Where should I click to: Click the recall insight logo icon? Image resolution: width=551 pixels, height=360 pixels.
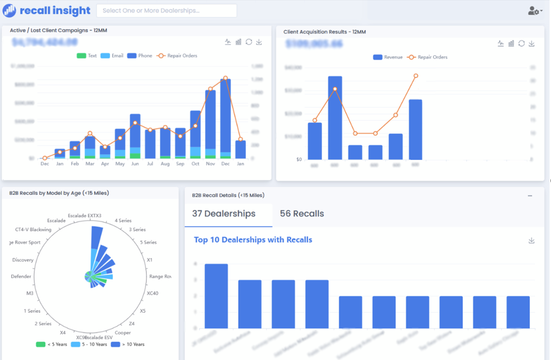click(x=9, y=10)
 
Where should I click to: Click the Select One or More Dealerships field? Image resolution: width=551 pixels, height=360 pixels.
click(x=166, y=10)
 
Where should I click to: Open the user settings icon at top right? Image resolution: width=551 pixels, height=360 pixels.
click(x=534, y=10)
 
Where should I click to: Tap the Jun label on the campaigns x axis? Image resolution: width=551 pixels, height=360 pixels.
click(x=135, y=164)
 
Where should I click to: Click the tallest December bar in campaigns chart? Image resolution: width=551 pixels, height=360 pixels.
click(x=225, y=117)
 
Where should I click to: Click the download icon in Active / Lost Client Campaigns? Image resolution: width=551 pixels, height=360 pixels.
click(x=259, y=42)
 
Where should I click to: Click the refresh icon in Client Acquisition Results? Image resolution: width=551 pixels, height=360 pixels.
click(x=521, y=43)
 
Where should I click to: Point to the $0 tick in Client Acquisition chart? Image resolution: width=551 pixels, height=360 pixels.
click(x=299, y=159)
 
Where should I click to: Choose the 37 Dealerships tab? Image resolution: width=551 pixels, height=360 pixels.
click(x=224, y=214)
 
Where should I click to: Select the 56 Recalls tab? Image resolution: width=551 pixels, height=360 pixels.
click(x=301, y=214)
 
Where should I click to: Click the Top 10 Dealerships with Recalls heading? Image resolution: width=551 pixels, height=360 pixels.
click(x=253, y=240)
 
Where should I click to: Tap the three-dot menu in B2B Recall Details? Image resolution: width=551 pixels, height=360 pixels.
click(x=530, y=196)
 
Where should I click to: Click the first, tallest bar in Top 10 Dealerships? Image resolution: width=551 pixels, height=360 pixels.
click(x=216, y=296)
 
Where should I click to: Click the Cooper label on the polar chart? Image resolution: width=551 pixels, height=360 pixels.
click(x=123, y=333)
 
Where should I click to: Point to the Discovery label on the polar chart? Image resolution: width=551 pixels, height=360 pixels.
click(x=23, y=260)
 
